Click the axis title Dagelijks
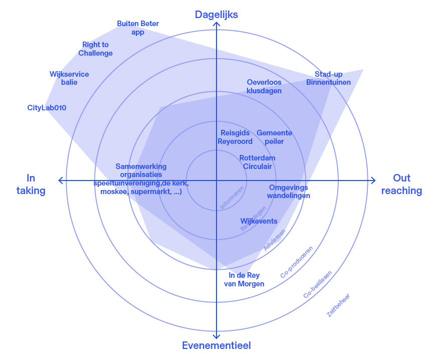(x=216, y=15)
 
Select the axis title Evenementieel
(x=216, y=345)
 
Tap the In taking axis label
(x=31, y=184)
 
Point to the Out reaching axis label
(x=401, y=184)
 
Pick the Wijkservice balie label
(x=69, y=78)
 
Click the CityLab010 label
(x=47, y=108)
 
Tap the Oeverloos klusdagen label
(x=264, y=86)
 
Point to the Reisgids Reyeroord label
(x=235, y=137)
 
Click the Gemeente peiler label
(x=274, y=137)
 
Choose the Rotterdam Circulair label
(x=257, y=162)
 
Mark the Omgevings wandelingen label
(x=288, y=191)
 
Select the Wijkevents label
(x=259, y=221)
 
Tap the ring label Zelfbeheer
(x=338, y=305)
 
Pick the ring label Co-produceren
(x=297, y=262)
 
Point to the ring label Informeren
(x=232, y=198)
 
